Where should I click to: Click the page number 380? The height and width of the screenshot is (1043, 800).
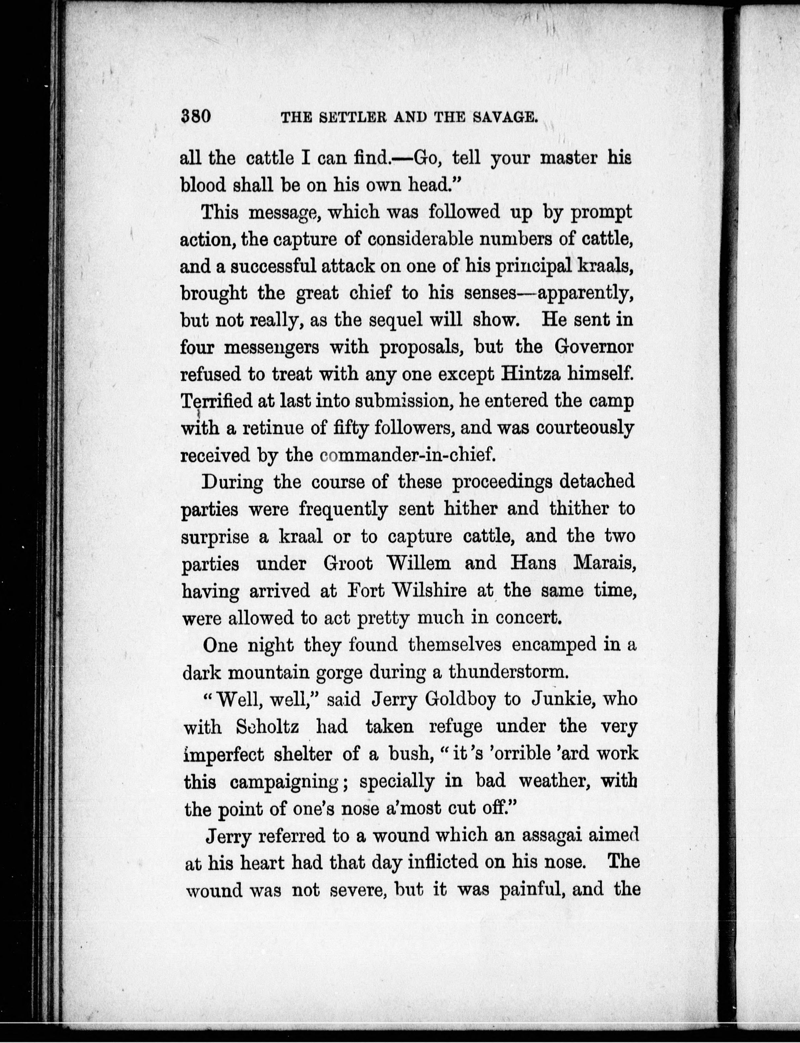196,116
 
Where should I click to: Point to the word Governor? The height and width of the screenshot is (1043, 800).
594,347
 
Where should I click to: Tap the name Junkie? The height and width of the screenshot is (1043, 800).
560,699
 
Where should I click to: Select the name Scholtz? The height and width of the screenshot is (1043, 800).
268,727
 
